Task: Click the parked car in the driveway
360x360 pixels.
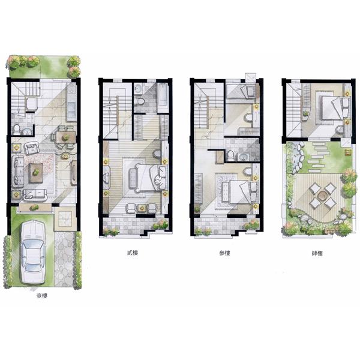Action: [x=33, y=252]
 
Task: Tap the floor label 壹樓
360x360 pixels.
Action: [x=42, y=296]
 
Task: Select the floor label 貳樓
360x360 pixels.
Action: [x=133, y=253]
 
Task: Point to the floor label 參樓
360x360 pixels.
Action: [x=224, y=253]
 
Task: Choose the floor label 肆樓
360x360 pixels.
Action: [x=317, y=253]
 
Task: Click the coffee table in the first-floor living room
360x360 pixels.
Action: [x=36, y=173]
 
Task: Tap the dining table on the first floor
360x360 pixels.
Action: [x=66, y=137]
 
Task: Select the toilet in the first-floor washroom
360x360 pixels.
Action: [x=17, y=130]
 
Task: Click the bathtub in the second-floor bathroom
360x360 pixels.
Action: [x=163, y=98]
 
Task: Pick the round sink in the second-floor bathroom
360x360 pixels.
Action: [x=139, y=88]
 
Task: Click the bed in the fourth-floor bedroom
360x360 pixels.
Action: [x=333, y=107]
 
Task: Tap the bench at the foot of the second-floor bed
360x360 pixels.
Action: [x=133, y=179]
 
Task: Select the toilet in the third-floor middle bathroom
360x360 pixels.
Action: [x=230, y=155]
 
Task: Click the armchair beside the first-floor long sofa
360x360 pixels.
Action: [x=32, y=148]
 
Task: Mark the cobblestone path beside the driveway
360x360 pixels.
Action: [x=64, y=259]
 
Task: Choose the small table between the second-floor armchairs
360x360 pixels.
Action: [x=142, y=208]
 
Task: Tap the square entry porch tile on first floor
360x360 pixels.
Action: [x=65, y=219]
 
